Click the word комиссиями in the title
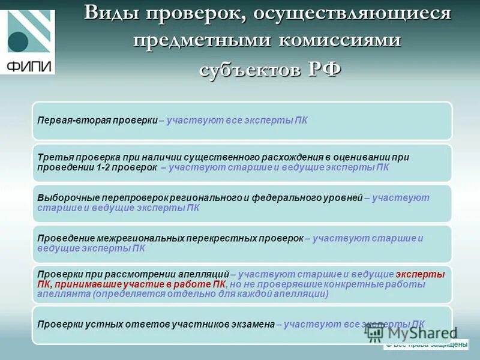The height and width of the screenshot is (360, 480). point(340,40)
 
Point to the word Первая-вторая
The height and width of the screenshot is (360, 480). point(65,120)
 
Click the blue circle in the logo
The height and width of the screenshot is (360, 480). point(18,42)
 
